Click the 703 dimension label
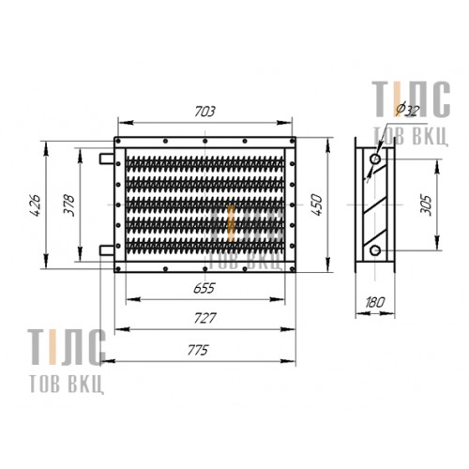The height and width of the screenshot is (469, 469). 204,112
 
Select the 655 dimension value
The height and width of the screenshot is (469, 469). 204,288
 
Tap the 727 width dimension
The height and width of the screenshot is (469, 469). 205,318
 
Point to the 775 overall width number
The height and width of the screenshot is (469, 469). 198,351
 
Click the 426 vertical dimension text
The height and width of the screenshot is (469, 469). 35,205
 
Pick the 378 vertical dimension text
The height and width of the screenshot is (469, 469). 68,205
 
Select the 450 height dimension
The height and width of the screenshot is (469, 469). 316,204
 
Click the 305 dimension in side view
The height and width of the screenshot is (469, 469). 426,205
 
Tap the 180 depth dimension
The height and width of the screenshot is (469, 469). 374,302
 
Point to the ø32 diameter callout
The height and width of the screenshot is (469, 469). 407,109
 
